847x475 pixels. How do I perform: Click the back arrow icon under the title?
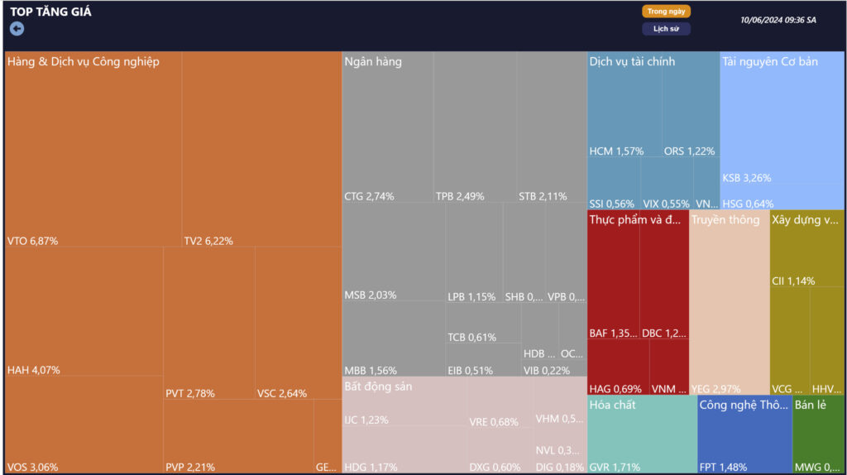[x=17, y=29]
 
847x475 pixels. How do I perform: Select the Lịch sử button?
[x=666, y=29]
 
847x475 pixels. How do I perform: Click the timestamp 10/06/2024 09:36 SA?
[x=778, y=20]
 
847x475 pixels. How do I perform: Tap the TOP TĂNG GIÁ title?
[x=51, y=12]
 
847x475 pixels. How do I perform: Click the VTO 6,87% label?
[x=32, y=241]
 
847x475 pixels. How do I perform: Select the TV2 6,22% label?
[x=208, y=241]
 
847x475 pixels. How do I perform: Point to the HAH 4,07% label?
[x=33, y=370]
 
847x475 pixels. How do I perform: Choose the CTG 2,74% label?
[x=369, y=196]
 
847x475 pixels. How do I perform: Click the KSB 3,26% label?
[x=746, y=178]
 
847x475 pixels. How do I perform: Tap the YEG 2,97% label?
[x=715, y=389]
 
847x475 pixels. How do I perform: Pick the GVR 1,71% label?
[x=615, y=467]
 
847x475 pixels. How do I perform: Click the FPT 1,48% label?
[x=725, y=467]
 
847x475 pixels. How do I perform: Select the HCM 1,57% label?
[x=616, y=151]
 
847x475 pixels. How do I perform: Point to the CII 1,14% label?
[x=792, y=281]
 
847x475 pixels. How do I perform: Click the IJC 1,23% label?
[x=366, y=420]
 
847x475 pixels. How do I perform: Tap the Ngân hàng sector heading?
[x=373, y=61]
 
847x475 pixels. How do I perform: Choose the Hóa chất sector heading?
[x=612, y=405]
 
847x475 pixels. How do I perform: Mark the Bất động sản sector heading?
[x=378, y=386]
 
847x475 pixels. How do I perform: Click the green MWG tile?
[x=818, y=439]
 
